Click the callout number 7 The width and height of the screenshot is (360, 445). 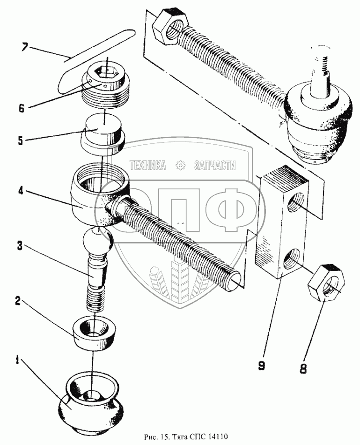(24, 47)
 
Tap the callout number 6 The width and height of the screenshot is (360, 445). (22, 108)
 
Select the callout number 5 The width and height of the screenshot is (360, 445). (21, 141)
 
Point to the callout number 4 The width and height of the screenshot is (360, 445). (21, 191)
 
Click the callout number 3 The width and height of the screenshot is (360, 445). (20, 246)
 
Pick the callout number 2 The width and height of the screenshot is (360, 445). (18, 301)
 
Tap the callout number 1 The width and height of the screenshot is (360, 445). (17, 361)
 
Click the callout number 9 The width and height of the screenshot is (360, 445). (261, 365)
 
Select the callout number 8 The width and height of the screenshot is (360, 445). (303, 369)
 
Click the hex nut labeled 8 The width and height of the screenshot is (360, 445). (327, 282)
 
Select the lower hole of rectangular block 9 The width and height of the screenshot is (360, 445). (292, 259)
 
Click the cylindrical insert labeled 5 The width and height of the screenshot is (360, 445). (103, 134)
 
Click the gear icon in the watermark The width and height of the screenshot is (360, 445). (180, 165)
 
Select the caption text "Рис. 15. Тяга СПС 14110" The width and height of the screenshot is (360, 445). (186, 436)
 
